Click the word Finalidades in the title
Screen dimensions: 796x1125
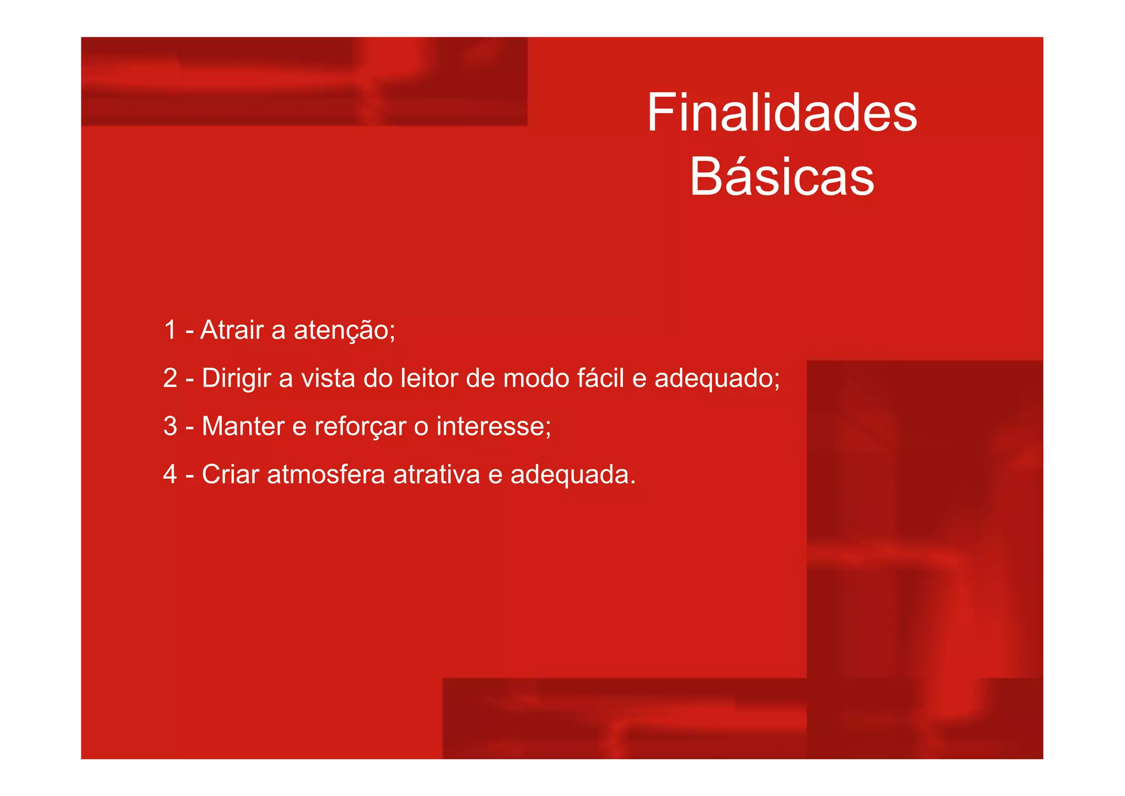[x=782, y=113]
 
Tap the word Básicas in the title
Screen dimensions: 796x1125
[x=782, y=177]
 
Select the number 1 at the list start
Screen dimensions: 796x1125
[x=170, y=330]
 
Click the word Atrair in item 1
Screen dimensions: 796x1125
[x=232, y=330]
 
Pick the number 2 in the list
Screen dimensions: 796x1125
[x=170, y=378]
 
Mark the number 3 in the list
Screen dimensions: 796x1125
[x=170, y=426]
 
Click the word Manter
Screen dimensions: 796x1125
[x=243, y=426]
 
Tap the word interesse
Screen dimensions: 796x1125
[x=493, y=426]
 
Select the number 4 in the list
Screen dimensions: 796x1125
[x=170, y=474]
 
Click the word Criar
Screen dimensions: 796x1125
[x=230, y=474]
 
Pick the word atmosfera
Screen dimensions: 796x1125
[x=326, y=474]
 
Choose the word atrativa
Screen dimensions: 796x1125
[x=437, y=474]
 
